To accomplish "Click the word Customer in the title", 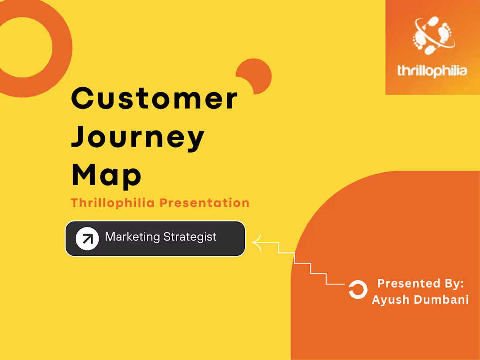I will tap(154, 99).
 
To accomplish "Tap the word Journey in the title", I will tap(138, 136).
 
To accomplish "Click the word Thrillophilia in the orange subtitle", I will tap(113, 203).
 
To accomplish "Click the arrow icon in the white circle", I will tap(87, 239).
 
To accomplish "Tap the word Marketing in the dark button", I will tap(133, 237).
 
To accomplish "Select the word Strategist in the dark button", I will tap(190, 237).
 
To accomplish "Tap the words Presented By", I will tap(420, 283).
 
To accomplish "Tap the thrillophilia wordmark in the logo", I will tap(432, 71).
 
